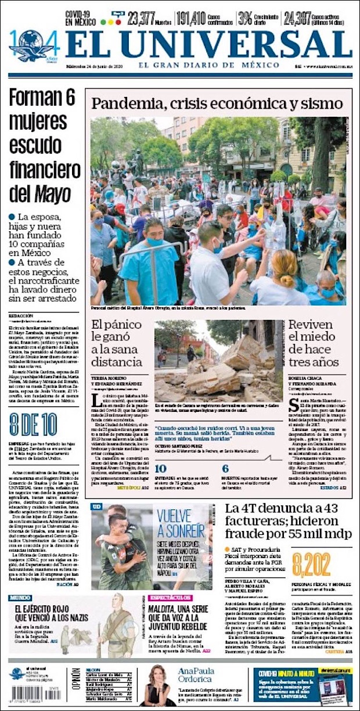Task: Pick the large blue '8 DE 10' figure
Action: (x=33, y=424)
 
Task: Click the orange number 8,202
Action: (x=311, y=563)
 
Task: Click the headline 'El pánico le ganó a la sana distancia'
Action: (x=118, y=344)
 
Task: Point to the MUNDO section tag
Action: (x=20, y=598)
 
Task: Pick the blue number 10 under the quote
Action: (x=161, y=469)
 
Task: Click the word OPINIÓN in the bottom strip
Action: (x=76, y=684)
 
